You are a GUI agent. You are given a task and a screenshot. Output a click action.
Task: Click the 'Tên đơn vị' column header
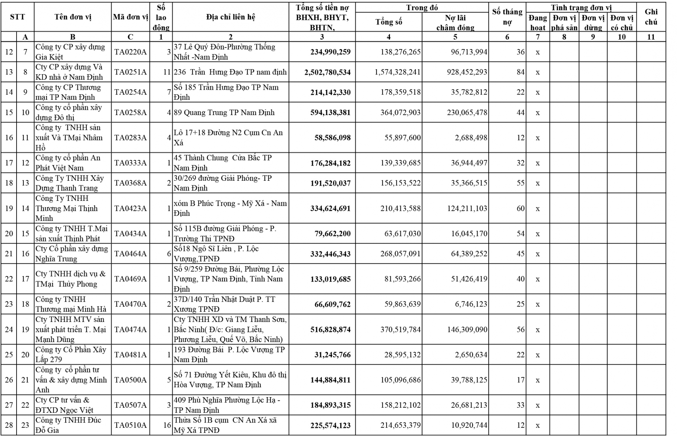tap(73, 17)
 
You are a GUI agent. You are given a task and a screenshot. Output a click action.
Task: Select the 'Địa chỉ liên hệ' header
tap(230, 17)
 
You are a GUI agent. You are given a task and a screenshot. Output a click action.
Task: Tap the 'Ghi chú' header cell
tap(651, 17)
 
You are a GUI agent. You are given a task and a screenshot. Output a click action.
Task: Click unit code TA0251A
tap(130, 72)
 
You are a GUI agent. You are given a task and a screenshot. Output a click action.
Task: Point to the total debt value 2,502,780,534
tap(328, 72)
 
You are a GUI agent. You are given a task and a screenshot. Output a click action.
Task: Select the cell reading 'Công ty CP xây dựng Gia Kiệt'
tap(71, 52)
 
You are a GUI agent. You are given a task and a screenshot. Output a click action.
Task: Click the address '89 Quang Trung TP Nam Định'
tap(224, 113)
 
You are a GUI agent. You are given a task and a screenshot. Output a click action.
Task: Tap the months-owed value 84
tap(520, 72)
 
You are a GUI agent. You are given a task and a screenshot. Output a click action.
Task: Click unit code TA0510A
tap(130, 425)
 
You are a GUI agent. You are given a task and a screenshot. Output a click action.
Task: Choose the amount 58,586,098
tap(333, 138)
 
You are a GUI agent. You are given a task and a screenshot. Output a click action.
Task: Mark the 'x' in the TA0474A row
tap(537, 330)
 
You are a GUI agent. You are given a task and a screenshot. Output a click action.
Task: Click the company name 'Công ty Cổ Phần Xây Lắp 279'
tap(71, 354)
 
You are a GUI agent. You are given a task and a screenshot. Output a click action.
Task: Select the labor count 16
tap(167, 425)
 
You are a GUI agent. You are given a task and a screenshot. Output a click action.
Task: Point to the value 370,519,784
tap(400, 330)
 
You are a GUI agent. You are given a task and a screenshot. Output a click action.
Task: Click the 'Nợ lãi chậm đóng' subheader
tap(455, 23)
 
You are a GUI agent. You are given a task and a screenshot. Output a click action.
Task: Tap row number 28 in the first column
tap(9, 425)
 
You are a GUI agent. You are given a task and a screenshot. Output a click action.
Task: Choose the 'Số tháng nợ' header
tap(507, 17)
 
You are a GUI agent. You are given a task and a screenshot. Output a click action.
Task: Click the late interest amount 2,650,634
tap(471, 355)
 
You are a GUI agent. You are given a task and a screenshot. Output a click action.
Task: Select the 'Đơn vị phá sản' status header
tap(564, 23)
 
